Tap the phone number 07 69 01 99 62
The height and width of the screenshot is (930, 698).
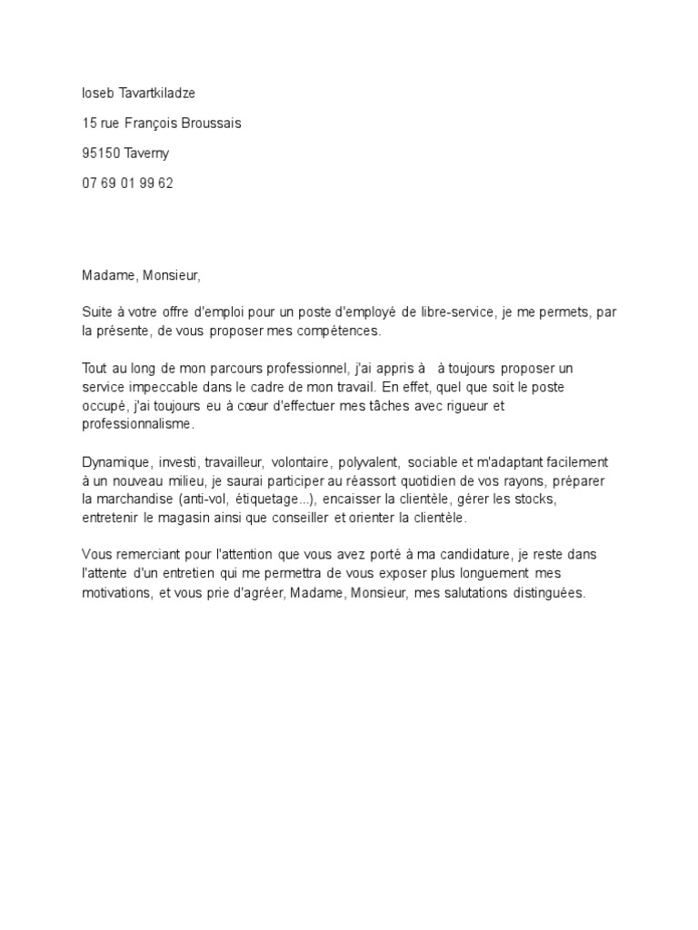point(127,183)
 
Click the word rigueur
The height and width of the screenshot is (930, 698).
point(460,405)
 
